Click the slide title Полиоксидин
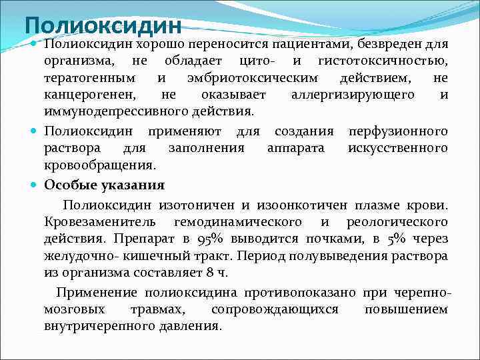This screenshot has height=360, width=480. [x=103, y=26]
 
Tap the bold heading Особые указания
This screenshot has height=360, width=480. [x=104, y=185]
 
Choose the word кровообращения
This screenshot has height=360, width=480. [x=100, y=164]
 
